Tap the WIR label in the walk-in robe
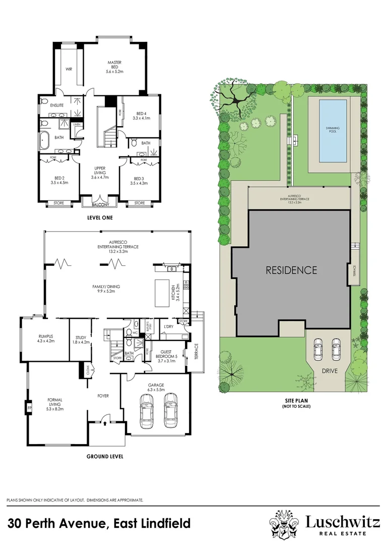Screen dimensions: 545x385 coord(69,69)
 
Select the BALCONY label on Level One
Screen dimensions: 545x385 coord(100,205)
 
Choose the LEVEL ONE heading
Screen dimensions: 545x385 coord(100,217)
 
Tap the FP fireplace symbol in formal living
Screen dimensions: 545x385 coord(30,407)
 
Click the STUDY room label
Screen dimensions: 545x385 coord(81,339)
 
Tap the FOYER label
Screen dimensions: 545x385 coord(103,396)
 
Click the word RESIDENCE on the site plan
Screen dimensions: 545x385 coord(291,270)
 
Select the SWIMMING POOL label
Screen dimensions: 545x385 coord(332,130)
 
